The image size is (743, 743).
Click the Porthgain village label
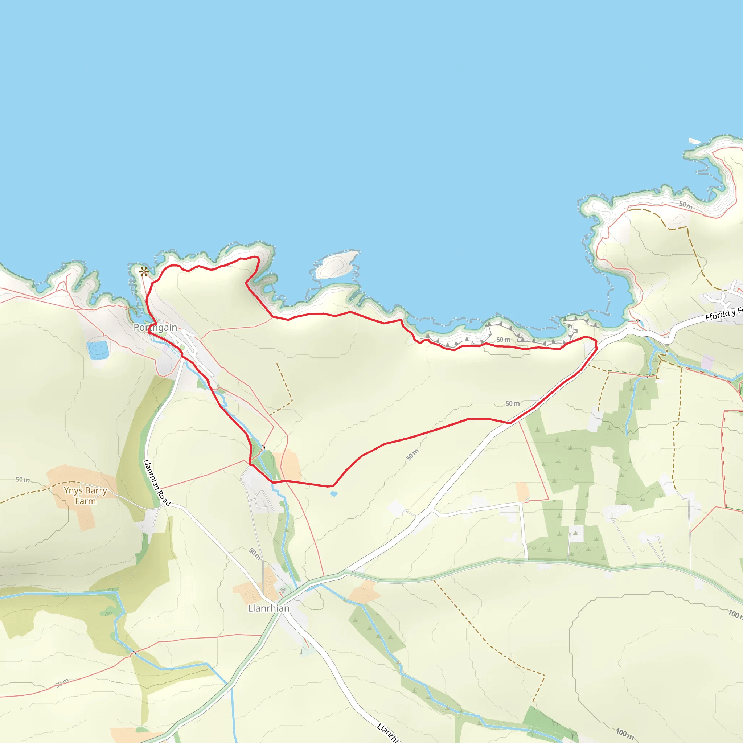[x=155, y=327]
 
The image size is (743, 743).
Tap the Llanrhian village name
[x=268, y=608]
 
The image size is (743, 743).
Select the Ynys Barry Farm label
[x=85, y=496]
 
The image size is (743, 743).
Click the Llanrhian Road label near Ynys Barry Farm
[x=157, y=482]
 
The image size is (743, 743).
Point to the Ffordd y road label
[x=723, y=314]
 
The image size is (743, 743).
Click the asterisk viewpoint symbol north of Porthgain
[x=144, y=272]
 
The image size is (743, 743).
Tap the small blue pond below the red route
[x=333, y=493]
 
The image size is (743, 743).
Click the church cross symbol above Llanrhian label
[x=283, y=590]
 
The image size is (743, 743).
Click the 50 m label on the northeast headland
[x=686, y=205]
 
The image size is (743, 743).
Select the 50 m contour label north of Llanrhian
[x=255, y=553]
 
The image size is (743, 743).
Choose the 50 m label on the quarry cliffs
[x=503, y=340]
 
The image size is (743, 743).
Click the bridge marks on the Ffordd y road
[x=645, y=333]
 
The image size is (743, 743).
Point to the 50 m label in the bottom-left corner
[x=62, y=683]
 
